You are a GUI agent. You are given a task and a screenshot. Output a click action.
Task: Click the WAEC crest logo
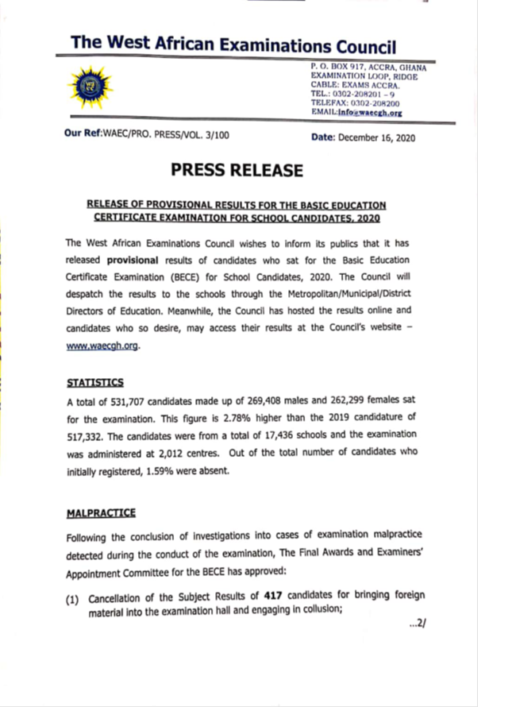(x=91, y=86)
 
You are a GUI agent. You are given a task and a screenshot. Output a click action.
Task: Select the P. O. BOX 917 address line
(x=368, y=69)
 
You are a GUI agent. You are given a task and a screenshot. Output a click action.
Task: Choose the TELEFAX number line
(x=355, y=103)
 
